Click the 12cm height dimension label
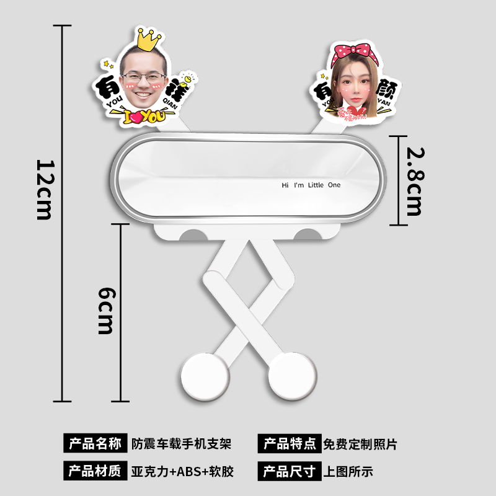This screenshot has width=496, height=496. click(45, 190)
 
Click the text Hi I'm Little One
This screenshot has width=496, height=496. click(311, 185)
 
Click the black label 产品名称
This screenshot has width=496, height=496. click(95, 444)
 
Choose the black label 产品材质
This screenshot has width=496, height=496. click(95, 472)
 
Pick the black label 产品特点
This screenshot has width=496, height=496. click(290, 444)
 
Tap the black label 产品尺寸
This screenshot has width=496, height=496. click(290, 472)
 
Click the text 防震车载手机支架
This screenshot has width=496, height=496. click(182, 444)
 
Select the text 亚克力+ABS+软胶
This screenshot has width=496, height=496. click(183, 472)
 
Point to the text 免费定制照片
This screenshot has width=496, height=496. click(360, 444)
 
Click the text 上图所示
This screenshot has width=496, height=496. click(348, 472)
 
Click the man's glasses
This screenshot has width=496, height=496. click(144, 79)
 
